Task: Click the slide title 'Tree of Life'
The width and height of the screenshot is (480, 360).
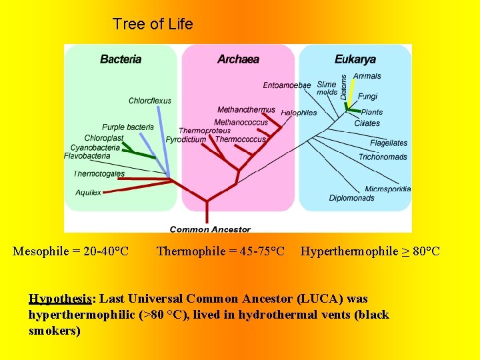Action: pos(153,25)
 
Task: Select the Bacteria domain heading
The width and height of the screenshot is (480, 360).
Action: pos(121,59)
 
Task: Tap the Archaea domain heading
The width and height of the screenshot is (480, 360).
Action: pos(238,59)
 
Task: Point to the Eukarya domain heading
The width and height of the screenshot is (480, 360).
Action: pos(355,59)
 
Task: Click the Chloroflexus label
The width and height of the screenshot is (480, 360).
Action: pos(150,101)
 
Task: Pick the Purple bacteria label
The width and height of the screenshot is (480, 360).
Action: pos(128,127)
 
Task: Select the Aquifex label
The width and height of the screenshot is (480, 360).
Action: pos(88,193)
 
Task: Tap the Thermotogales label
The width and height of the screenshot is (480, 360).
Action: pos(99,174)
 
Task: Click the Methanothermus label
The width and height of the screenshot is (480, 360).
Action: pos(246,110)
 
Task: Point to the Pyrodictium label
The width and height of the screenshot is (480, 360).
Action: pos(186,140)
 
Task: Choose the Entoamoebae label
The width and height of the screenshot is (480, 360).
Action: pos(287,85)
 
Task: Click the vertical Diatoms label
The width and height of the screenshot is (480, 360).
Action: pos(344,87)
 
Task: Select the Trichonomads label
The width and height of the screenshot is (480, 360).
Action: pos(383,157)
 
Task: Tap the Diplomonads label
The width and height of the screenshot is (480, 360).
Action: pos(351,198)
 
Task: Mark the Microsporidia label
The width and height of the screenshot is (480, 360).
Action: pos(387,189)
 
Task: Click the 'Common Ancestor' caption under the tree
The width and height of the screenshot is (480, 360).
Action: pos(210,229)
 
